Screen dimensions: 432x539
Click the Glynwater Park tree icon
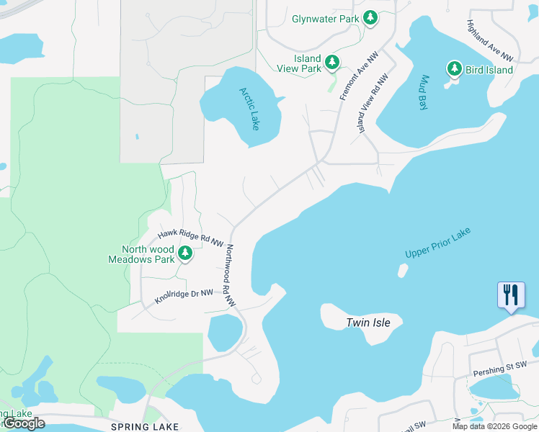click(x=370, y=18)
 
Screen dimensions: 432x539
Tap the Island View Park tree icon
click(x=332, y=63)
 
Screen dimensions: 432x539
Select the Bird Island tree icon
click(x=454, y=69)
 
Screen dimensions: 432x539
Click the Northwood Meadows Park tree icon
click(x=185, y=253)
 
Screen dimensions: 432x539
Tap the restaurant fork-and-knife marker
click(x=509, y=295)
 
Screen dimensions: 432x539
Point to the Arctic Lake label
click(x=249, y=109)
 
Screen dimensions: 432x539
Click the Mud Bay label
click(x=424, y=92)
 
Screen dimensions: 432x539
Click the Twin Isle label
click(x=367, y=323)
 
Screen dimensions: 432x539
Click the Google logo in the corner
click(x=23, y=423)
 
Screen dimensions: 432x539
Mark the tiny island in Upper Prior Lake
click(x=402, y=271)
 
